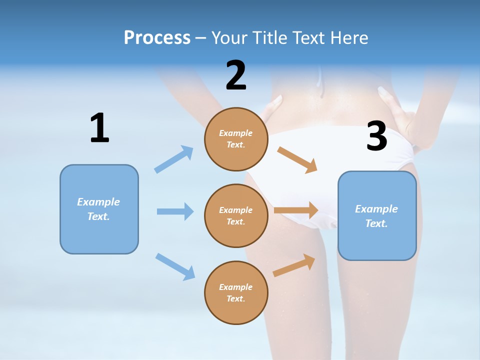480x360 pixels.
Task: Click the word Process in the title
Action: point(157,37)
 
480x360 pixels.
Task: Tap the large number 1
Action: point(99,128)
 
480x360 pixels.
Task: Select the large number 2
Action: point(236,75)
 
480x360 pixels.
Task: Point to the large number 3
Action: point(376,136)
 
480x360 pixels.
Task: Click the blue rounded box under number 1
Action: point(99,209)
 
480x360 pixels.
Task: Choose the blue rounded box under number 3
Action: point(377,216)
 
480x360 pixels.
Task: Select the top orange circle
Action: point(236,139)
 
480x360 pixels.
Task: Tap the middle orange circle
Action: point(236,215)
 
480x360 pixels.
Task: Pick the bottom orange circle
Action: point(236,292)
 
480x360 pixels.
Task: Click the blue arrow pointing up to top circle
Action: point(174,159)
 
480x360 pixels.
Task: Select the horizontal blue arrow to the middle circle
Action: point(175,211)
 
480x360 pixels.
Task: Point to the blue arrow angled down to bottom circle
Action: point(175,266)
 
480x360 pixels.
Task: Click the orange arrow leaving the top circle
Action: point(297,159)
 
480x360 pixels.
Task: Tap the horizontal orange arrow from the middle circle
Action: point(296,210)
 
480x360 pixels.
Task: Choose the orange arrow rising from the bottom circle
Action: point(294,265)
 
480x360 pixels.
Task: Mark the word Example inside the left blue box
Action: point(98,202)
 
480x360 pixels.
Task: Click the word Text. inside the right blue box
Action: point(376,223)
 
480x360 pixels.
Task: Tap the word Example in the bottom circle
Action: point(235,287)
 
